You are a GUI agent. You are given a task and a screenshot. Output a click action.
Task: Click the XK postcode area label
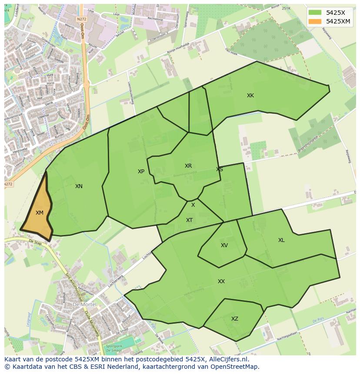250,96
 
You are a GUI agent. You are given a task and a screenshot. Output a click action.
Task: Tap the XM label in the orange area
40,212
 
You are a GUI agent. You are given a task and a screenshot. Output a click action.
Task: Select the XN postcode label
79,186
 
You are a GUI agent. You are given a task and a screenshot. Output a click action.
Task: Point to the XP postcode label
141,172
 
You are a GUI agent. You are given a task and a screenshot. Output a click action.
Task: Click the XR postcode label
188,166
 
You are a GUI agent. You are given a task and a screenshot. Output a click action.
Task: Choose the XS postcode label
220,169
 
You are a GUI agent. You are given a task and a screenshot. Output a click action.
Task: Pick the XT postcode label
190,220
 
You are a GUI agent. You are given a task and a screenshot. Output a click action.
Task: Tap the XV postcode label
224,245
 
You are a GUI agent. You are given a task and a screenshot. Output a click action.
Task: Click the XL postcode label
281,240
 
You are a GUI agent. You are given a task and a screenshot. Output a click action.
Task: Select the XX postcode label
221,281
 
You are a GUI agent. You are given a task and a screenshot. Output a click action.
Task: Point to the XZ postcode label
235,319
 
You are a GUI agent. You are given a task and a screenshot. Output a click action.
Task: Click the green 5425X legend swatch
315,13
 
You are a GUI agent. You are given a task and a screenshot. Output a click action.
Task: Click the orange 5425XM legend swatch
315,21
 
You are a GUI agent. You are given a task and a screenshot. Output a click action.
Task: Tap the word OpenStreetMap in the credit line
237,367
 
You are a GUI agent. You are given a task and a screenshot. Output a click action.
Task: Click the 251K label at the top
286,8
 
